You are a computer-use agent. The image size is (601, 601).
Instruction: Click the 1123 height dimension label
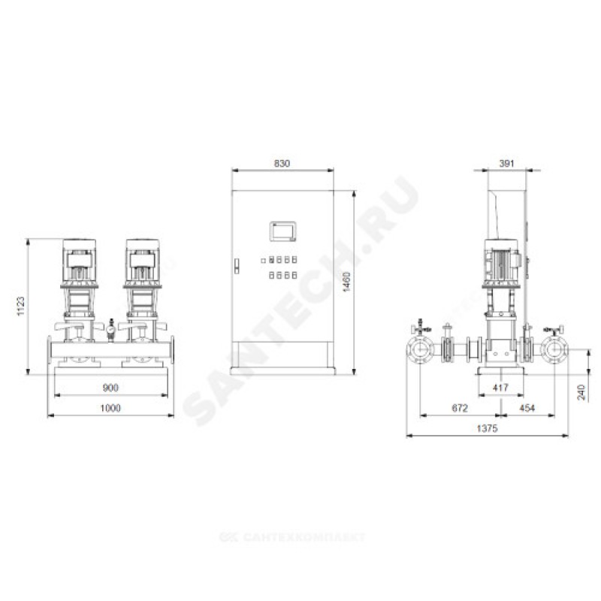(x=21, y=306)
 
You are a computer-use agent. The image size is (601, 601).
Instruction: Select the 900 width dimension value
(x=110, y=388)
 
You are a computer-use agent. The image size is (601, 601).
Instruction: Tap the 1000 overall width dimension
(x=110, y=408)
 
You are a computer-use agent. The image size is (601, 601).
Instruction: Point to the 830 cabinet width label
(x=282, y=164)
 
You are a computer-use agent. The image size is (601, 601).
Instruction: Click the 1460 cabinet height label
(x=346, y=282)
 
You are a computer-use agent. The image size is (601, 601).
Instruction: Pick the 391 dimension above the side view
(x=506, y=164)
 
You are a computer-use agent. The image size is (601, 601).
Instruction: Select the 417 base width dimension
(x=500, y=388)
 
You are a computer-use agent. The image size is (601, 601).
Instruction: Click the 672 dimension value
(x=460, y=408)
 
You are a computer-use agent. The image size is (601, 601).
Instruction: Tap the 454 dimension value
(x=527, y=408)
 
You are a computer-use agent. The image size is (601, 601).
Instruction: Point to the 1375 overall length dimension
(x=487, y=428)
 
